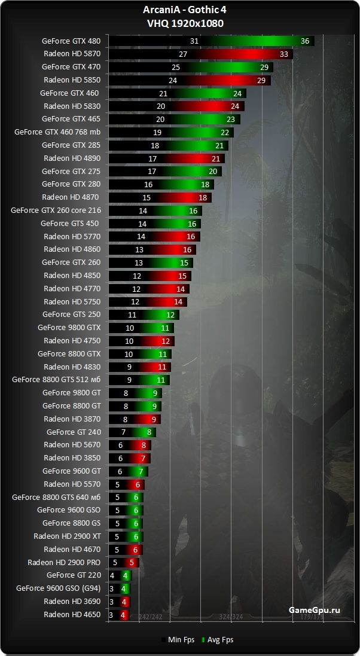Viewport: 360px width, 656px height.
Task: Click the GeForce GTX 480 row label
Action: pyautogui.click(x=71, y=41)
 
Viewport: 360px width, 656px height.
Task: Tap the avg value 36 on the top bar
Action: pyautogui.click(x=305, y=41)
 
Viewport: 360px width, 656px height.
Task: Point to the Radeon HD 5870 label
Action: pyautogui.click(x=72, y=54)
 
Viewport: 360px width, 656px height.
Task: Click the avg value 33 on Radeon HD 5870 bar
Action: pyautogui.click(x=284, y=54)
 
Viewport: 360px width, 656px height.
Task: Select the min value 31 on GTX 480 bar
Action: pyautogui.click(x=194, y=41)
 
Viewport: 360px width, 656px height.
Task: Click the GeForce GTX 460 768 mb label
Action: pyautogui.click(x=57, y=132)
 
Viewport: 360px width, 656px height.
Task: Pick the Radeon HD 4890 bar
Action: pyautogui.click(x=166, y=158)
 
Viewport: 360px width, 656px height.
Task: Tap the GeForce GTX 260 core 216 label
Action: pyautogui.click(x=56, y=210)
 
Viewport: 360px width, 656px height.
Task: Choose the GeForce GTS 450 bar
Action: pyautogui.click(x=155, y=224)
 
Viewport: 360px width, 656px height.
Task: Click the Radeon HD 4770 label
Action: pyautogui.click(x=72, y=288)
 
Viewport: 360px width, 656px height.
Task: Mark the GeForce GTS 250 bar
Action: pyautogui.click(x=144, y=315)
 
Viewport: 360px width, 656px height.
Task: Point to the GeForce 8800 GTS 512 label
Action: pyautogui.click(x=56, y=380)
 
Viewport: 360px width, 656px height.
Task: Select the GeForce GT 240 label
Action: pyautogui.click(x=74, y=432)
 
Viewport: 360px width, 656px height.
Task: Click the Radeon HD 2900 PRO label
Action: pyautogui.click(x=64, y=562)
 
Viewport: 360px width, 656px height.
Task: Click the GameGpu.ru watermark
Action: pyautogui.click(x=314, y=610)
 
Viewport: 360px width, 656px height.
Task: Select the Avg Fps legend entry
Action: pyautogui.click(x=218, y=640)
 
